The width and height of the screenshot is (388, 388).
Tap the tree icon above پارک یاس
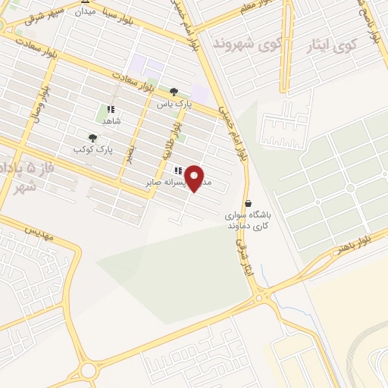pos(174,91)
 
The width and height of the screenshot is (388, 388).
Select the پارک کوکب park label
pos(93,150)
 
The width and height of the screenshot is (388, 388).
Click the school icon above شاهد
pos(111,109)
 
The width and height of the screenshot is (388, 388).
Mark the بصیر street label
pos(130,152)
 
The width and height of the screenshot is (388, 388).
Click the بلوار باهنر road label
pos(355,245)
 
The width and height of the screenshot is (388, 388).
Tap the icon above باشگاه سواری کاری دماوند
pos(249,203)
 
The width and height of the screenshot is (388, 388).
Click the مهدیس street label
pos(39,230)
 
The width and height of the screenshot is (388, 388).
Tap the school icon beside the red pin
pos(179,171)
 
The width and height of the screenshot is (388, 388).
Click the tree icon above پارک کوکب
pos(92,138)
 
